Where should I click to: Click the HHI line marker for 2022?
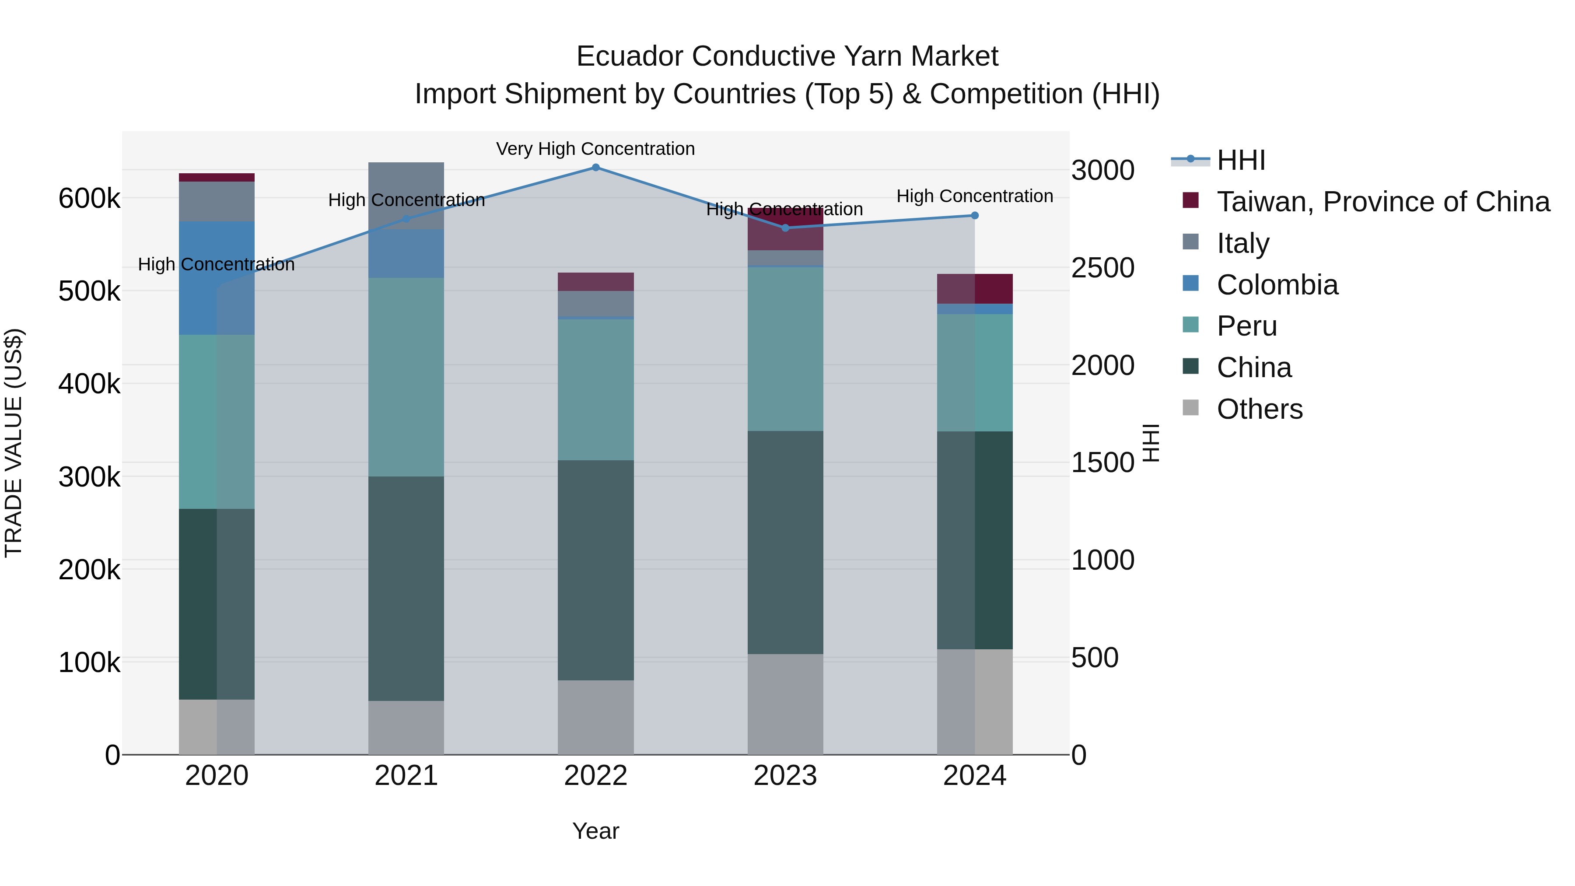pyautogui.click(x=595, y=168)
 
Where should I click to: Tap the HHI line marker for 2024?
pyautogui.click(x=975, y=215)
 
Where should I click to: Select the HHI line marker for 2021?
pyautogui.click(x=406, y=219)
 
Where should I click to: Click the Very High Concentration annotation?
pyautogui.click(x=595, y=149)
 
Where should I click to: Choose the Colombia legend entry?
pyautogui.click(x=1277, y=285)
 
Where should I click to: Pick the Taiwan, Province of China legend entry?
pyautogui.click(x=1383, y=202)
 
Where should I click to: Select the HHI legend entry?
pyautogui.click(x=1241, y=160)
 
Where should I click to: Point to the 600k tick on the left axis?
pyautogui.click(x=89, y=199)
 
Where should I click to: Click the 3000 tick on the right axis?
pyautogui.click(x=1102, y=170)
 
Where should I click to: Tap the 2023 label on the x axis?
pyautogui.click(x=785, y=776)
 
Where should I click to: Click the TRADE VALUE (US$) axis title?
pyautogui.click(x=14, y=443)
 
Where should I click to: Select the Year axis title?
pyautogui.click(x=595, y=831)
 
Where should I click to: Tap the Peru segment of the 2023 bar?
pyautogui.click(x=785, y=349)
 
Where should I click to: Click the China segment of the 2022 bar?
pyautogui.click(x=595, y=570)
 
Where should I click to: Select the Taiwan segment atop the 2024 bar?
pyautogui.click(x=975, y=289)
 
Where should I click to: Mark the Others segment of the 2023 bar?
pyautogui.click(x=785, y=704)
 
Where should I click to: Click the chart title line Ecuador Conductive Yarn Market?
pyautogui.click(x=787, y=56)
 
